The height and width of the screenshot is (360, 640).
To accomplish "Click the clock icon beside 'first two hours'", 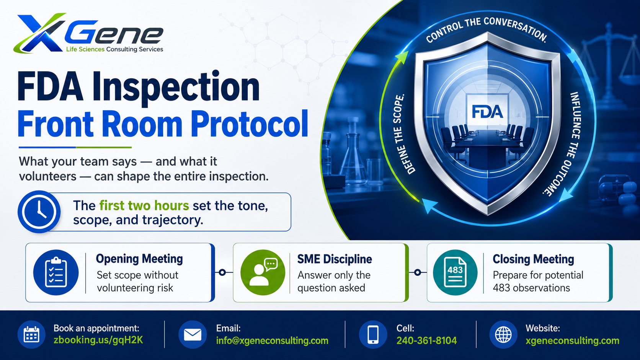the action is (39, 212).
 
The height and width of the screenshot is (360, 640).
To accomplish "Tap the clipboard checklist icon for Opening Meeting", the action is (56, 272).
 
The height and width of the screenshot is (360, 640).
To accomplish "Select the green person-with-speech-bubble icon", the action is (263, 272).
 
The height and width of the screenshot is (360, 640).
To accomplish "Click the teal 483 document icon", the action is (455, 272).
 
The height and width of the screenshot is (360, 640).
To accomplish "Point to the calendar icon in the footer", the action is (31, 334).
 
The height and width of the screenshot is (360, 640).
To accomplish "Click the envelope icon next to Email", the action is (193, 334).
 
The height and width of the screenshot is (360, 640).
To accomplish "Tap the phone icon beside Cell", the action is (373, 334).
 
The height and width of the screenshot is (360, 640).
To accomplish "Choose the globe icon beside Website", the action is (503, 334).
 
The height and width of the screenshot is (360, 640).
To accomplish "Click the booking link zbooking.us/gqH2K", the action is (98, 340).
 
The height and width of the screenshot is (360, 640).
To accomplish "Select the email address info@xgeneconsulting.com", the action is (272, 340).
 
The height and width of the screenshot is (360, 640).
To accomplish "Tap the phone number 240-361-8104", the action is (426, 340).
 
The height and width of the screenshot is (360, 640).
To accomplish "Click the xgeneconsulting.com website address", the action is (572, 340).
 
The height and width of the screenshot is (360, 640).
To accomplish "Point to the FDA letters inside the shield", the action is (487, 112).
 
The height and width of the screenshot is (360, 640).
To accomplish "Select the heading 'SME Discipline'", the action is (335, 259).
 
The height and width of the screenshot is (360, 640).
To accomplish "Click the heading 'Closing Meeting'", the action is (533, 259).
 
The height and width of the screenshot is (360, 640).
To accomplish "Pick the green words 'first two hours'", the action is (144, 205).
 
